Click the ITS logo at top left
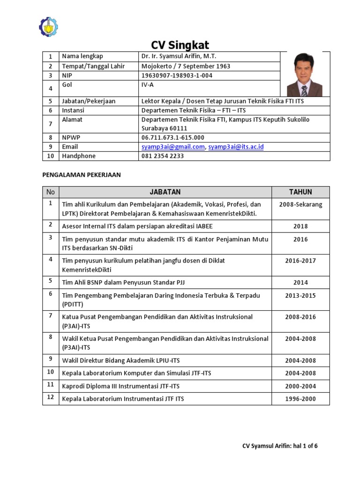pyautogui.click(x=48, y=27)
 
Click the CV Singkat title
pyautogui.click(x=180, y=45)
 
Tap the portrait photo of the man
pyautogui.click(x=305, y=74)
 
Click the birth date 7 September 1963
pyautogui.click(x=204, y=66)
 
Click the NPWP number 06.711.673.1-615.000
pyautogui.click(x=173, y=137)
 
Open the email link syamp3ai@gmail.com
pyautogui.click(x=173, y=147)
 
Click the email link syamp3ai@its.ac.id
pyautogui.click(x=236, y=147)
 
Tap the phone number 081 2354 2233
pyautogui.click(x=163, y=156)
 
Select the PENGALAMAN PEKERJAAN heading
pyautogui.click(x=82, y=175)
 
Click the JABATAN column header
pyautogui.click(x=165, y=192)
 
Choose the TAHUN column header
pyautogui.click(x=300, y=192)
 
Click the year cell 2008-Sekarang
pyautogui.click(x=300, y=205)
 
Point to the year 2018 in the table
pyautogui.click(x=300, y=226)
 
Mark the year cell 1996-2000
pyautogui.click(x=300, y=399)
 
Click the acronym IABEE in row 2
pyautogui.click(x=203, y=226)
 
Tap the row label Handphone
pyautogui.click(x=78, y=156)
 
